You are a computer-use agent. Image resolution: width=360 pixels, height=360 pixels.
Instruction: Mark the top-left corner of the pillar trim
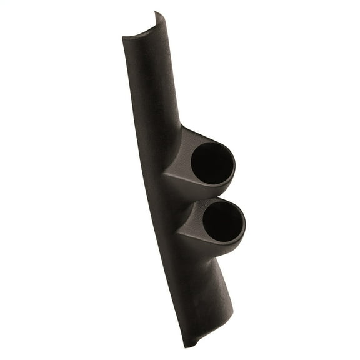[123, 37]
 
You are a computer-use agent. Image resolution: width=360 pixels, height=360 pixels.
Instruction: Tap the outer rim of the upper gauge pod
[233, 156]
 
